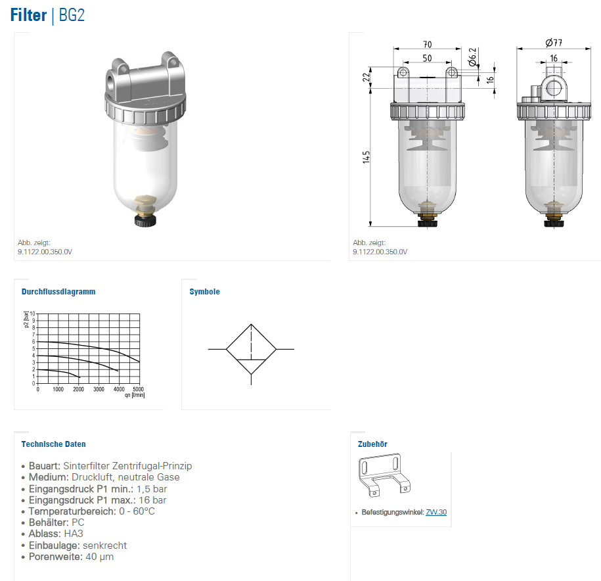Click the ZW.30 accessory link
pyautogui.click(x=436, y=512)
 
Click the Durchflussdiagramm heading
pyautogui.click(x=58, y=291)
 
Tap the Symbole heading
pyautogui.click(x=205, y=291)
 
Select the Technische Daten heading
pyautogui.click(x=54, y=444)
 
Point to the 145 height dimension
pyautogui.click(x=367, y=157)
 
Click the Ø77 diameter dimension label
pyautogui.click(x=554, y=43)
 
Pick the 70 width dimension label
pyautogui.click(x=428, y=45)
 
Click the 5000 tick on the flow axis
pyautogui.click(x=139, y=389)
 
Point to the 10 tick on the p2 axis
pyautogui.click(x=33, y=314)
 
